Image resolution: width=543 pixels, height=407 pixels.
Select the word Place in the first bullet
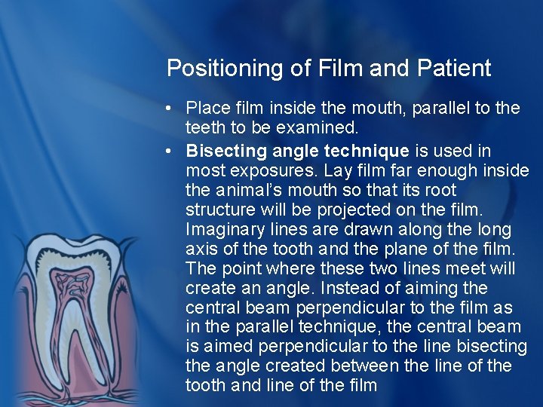[204, 108]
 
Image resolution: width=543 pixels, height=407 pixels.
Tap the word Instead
[373, 289]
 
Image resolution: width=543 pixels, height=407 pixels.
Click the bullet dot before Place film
[173, 109]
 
